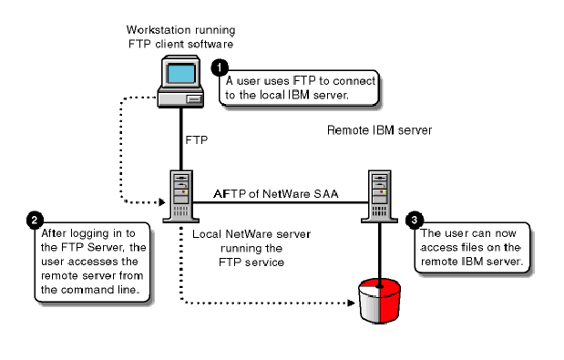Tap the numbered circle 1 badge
click(220, 67)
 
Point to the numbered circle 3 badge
click(415, 220)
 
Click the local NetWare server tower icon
click(178, 192)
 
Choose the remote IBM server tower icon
click(380, 192)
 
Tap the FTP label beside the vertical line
click(197, 141)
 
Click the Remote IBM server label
click(379, 130)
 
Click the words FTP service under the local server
click(239, 262)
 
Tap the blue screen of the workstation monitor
click(178, 74)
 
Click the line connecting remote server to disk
click(379, 251)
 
